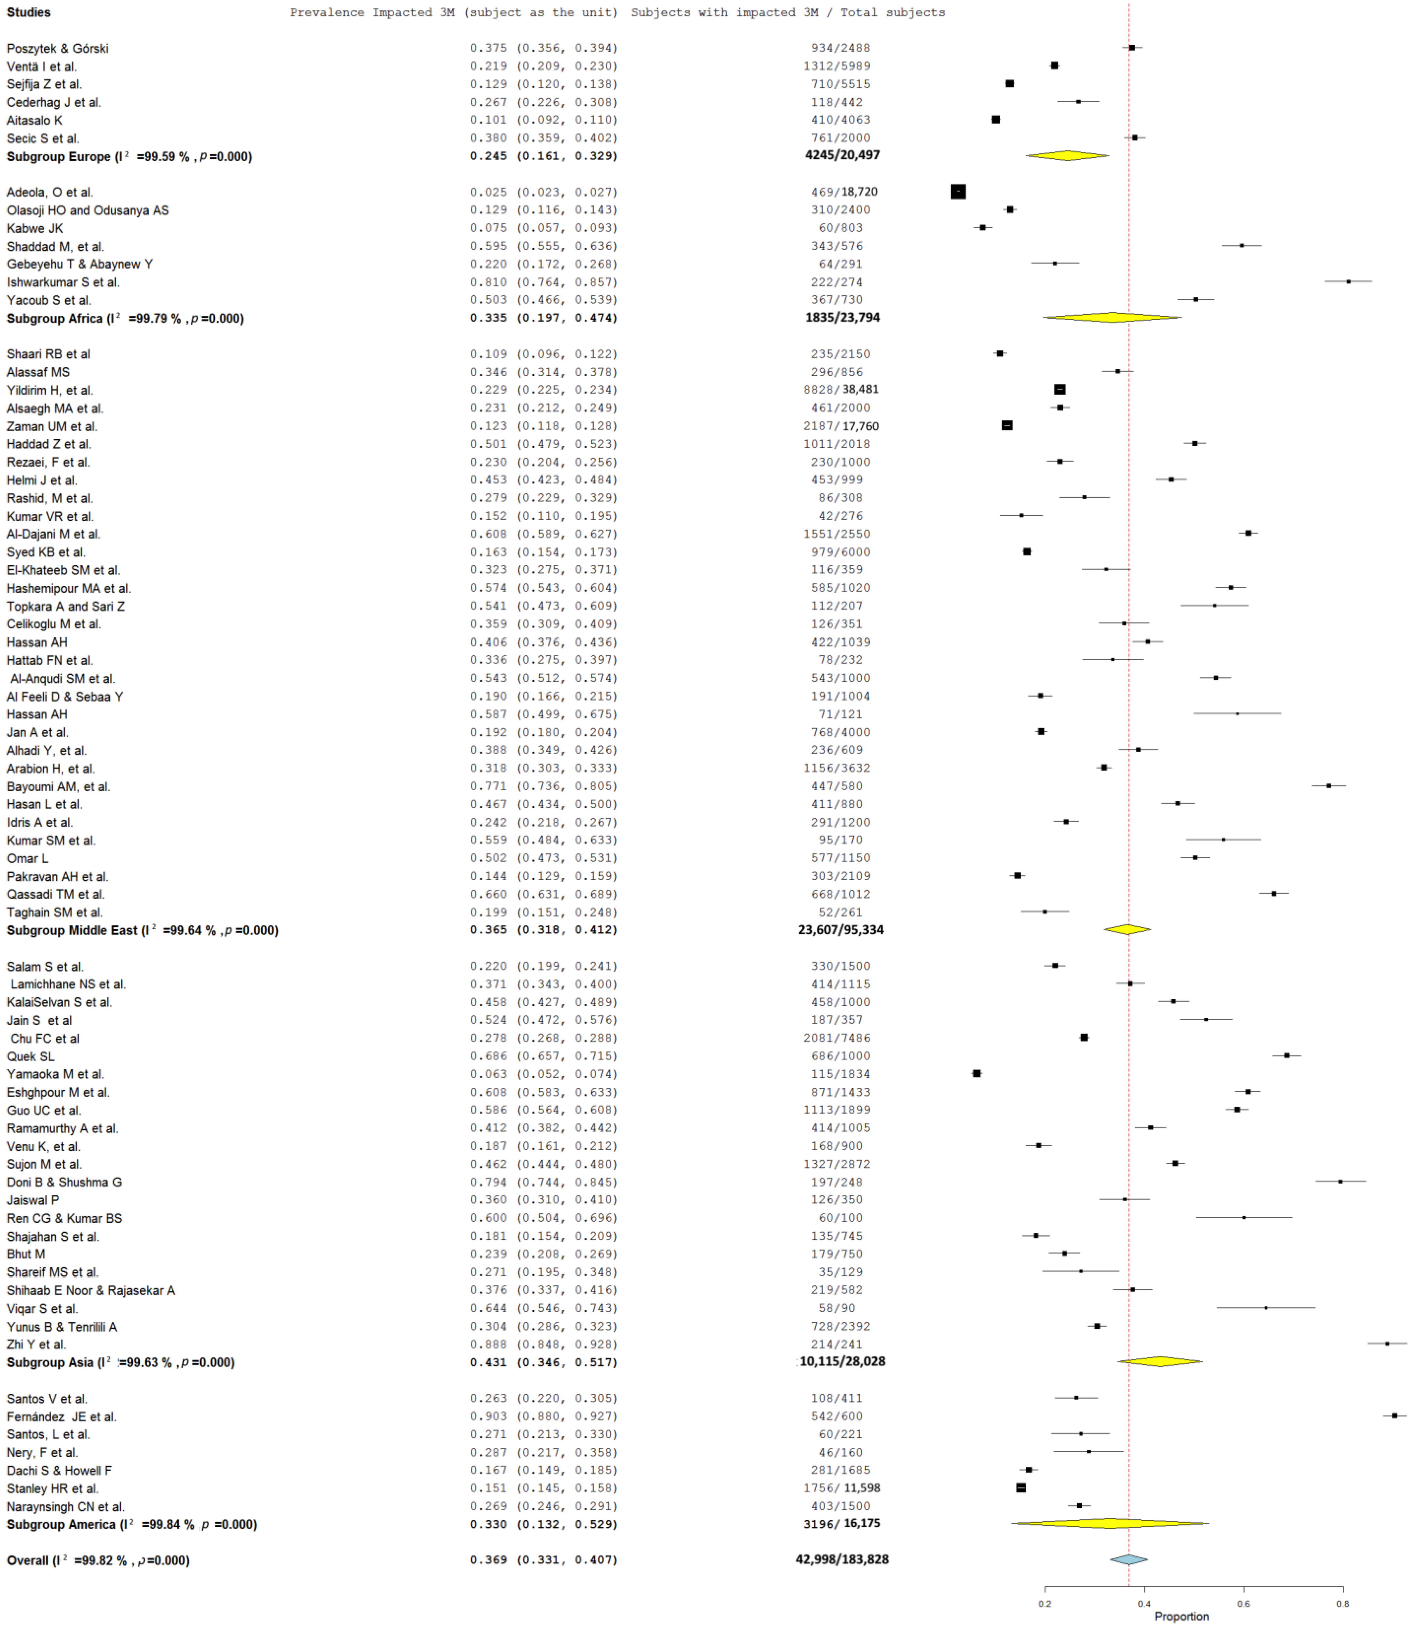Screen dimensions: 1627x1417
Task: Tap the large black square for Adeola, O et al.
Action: click(x=958, y=192)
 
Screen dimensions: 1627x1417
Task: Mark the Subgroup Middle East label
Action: click(x=142, y=930)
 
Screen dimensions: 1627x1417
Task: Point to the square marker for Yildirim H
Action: click(x=1059, y=389)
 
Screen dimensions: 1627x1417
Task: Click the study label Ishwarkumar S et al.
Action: click(x=63, y=282)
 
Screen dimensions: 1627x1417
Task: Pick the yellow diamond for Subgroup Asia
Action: click(x=1160, y=1361)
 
